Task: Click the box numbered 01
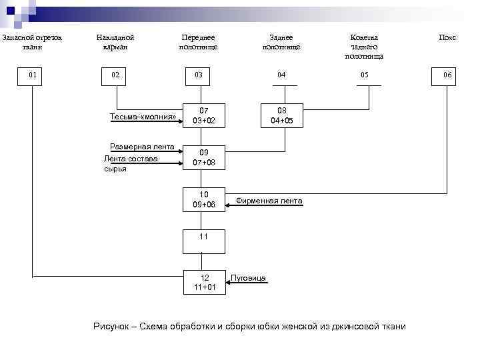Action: pos(32,75)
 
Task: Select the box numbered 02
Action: pos(116,75)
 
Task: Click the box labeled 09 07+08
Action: pos(203,158)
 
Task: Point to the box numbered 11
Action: pos(203,237)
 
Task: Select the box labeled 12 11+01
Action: pos(203,282)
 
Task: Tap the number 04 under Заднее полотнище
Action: pos(282,75)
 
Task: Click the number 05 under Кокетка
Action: pos(364,75)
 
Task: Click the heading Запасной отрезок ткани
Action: pos(31,43)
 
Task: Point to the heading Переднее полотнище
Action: pos(198,43)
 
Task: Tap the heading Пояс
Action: pos(447,38)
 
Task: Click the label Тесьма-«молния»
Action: pos(143,117)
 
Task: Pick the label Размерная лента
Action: pos(142,147)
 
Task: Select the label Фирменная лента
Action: pos(269,201)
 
